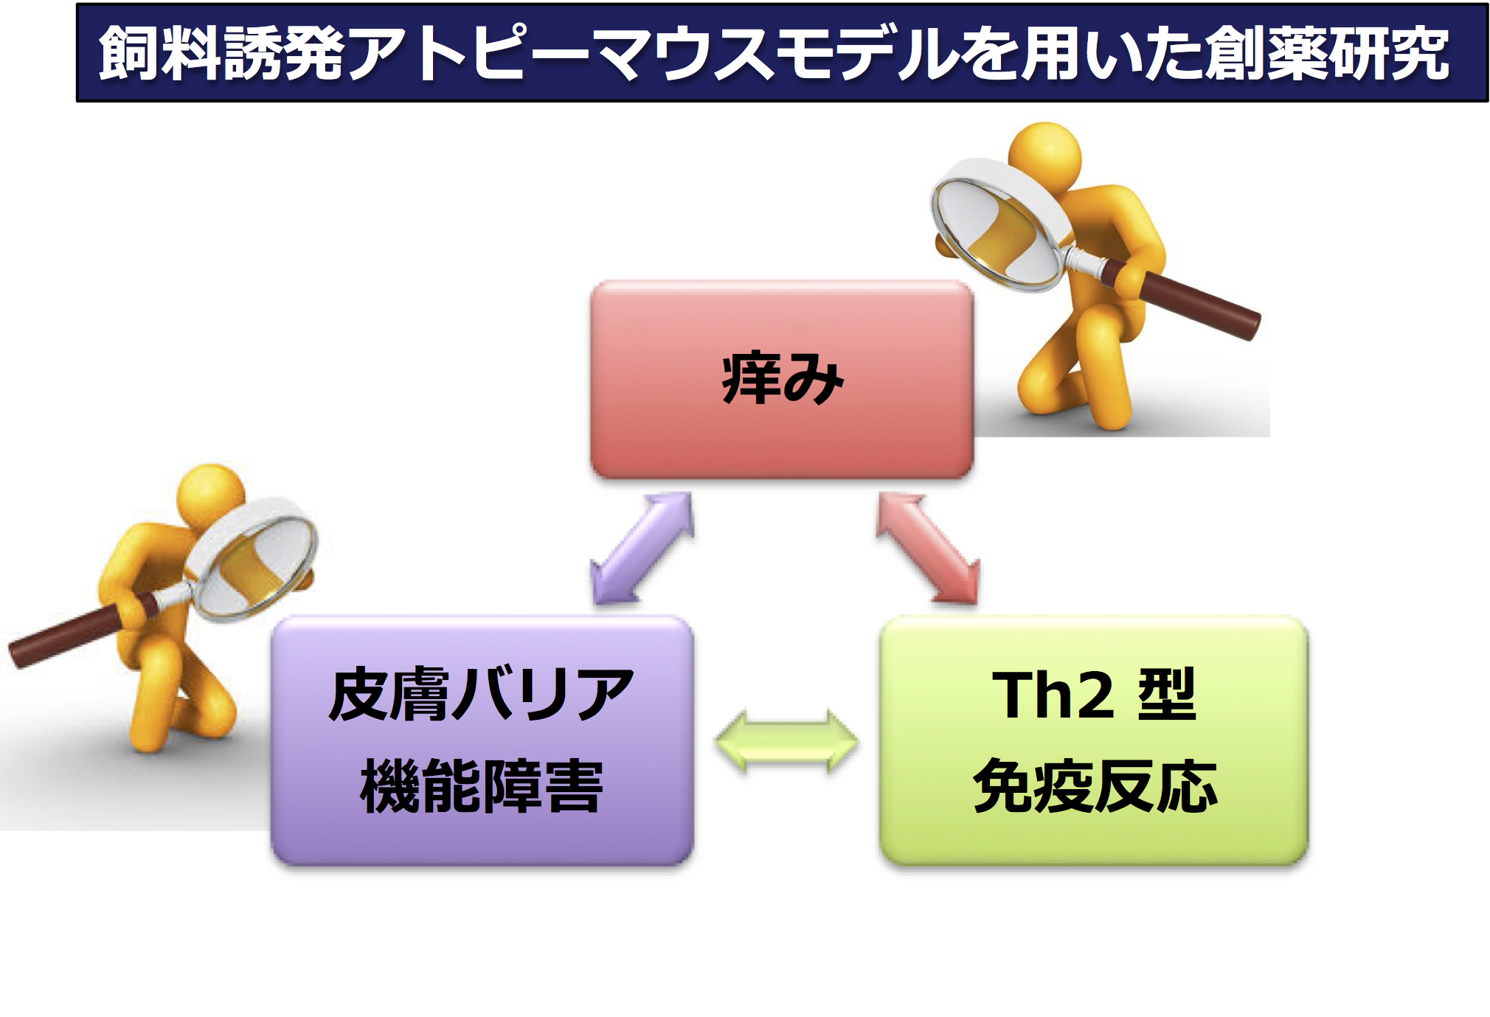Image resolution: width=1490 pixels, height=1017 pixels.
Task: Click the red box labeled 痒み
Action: (782, 380)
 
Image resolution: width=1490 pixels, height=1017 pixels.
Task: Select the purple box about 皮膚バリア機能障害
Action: (482, 740)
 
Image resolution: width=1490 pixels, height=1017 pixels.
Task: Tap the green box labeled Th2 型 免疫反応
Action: (1094, 740)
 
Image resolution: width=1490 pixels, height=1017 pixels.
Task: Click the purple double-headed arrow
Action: (642, 549)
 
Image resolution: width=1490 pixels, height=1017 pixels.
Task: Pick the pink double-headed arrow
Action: (928, 549)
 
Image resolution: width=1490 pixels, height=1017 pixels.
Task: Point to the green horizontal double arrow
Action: (786, 742)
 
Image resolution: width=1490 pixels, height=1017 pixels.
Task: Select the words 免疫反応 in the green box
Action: (1095, 786)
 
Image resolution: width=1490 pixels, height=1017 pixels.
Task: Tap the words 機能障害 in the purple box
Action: (482, 786)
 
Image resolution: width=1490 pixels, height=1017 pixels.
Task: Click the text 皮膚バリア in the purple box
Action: (481, 695)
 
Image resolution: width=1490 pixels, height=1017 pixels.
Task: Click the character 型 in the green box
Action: (1168, 695)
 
